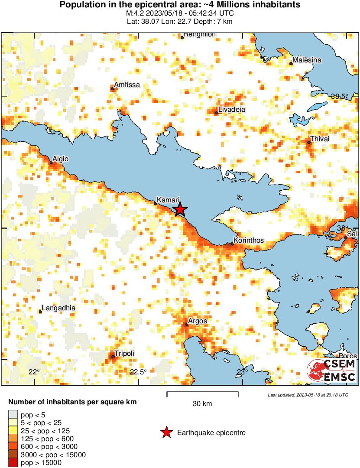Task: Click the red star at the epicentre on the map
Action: click(x=180, y=210)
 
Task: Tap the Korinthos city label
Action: click(x=248, y=240)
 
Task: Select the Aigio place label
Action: click(x=60, y=159)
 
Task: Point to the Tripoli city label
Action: click(x=124, y=353)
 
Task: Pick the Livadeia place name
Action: click(x=231, y=109)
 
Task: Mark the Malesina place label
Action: click(x=307, y=60)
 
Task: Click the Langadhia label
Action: click(x=58, y=308)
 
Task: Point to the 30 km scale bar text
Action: click(x=202, y=404)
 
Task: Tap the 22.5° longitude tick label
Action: click(x=139, y=372)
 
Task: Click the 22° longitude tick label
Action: click(x=34, y=372)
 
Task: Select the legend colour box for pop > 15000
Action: click(x=13, y=462)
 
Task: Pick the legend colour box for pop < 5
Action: click(x=13, y=415)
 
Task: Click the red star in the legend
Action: click(x=166, y=432)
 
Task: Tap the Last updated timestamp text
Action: click(x=308, y=395)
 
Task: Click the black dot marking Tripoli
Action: click(x=113, y=357)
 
